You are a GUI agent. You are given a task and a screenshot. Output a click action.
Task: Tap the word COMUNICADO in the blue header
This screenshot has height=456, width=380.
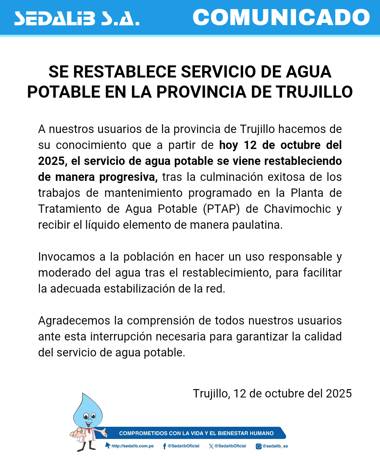(281, 17)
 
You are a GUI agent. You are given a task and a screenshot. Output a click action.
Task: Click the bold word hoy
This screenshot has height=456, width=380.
(229, 145)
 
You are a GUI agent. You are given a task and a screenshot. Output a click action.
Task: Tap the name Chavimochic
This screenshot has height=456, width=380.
(297, 209)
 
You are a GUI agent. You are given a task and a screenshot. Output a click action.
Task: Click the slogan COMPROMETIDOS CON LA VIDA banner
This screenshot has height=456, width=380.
(196, 433)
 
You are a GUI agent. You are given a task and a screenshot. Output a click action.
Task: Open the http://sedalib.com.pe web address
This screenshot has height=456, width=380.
(132, 446)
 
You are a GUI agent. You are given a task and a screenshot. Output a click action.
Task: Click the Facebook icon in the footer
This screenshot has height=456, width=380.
(164, 446)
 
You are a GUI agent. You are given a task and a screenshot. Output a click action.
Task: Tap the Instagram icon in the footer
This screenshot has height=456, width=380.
(258, 446)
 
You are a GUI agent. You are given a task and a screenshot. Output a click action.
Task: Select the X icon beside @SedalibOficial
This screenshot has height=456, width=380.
(211, 446)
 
